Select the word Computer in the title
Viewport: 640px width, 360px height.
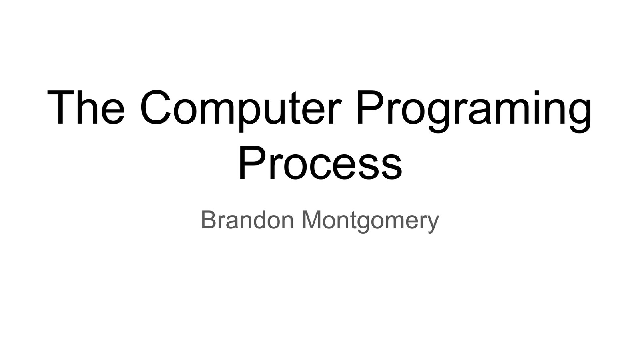(241, 108)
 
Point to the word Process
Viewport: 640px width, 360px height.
(320, 163)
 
